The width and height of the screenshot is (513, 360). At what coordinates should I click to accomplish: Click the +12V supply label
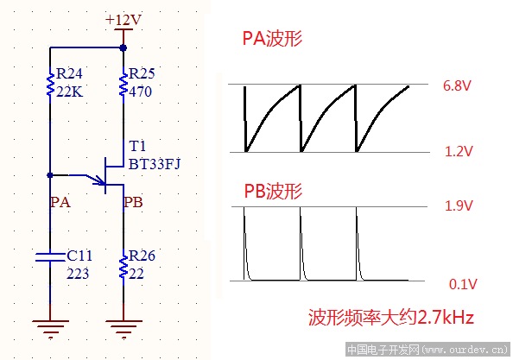(123, 19)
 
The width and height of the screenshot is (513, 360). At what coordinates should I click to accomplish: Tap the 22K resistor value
(68, 90)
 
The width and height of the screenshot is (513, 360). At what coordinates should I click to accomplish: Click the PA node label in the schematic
(60, 202)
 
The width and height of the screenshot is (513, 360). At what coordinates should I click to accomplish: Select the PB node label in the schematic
(133, 202)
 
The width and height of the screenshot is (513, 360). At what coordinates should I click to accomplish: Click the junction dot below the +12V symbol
(123, 48)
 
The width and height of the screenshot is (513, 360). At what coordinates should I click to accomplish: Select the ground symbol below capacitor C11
(50, 326)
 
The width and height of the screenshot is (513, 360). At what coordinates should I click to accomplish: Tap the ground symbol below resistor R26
(123, 326)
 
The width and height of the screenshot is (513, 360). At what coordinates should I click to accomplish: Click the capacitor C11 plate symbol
(50, 255)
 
